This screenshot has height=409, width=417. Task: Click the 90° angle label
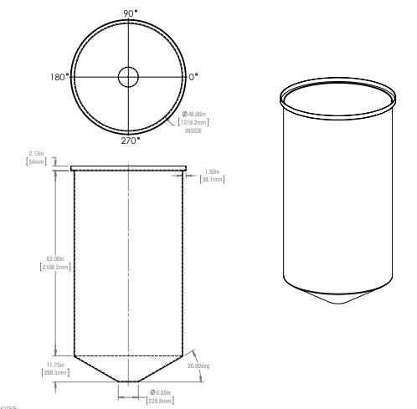tap(129, 13)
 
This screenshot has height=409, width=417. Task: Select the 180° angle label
tap(58, 77)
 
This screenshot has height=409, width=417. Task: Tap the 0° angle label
tap(193, 77)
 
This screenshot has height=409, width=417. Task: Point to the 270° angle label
tap(129, 141)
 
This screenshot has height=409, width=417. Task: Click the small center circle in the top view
tap(128, 77)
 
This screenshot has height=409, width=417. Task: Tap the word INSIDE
tap(193, 130)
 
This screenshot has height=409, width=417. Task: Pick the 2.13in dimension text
tap(36, 153)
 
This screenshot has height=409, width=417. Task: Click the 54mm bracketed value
tap(36, 161)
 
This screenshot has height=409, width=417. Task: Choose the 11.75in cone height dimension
tap(55, 366)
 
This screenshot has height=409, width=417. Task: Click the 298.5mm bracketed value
tap(55, 374)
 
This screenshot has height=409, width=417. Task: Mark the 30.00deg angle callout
tap(199, 366)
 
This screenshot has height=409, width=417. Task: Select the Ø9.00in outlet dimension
tap(162, 392)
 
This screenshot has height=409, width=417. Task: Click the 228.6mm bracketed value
tap(162, 401)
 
